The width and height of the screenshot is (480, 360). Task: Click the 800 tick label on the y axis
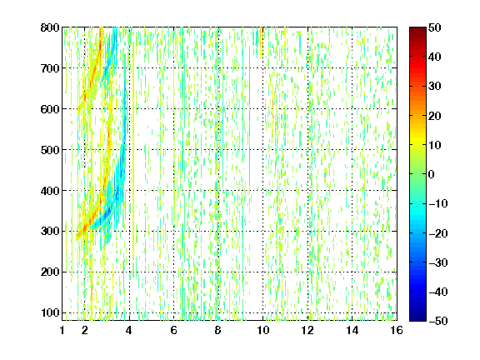pos(50,27)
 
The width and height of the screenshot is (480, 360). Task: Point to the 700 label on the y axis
pos(50,68)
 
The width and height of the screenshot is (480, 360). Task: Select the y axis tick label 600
pos(50,109)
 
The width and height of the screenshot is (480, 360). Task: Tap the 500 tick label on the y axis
pos(50,150)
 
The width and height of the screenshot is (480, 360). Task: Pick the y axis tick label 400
pos(50,191)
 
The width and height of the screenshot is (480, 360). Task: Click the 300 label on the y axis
pos(50,231)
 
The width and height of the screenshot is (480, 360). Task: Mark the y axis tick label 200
pos(50,272)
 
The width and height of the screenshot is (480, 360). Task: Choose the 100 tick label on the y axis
pos(50,312)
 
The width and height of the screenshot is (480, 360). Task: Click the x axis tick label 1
pos(62,330)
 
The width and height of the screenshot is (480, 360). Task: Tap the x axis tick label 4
pos(129,330)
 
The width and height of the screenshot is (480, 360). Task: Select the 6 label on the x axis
pos(173,330)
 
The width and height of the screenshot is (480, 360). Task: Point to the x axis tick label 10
pos(263,330)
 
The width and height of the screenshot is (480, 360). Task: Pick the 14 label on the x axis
pos(352,330)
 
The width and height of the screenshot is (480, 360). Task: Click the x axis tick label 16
pos(397,330)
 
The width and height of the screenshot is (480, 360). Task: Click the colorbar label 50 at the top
pos(435,27)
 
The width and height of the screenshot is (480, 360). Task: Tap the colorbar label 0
pos(432,174)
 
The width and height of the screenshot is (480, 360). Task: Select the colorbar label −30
pos(438,262)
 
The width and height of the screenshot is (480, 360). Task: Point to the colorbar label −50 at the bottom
pos(438,321)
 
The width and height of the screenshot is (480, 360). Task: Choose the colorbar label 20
pos(435,116)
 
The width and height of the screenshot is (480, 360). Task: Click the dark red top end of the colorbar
pos(417,29)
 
